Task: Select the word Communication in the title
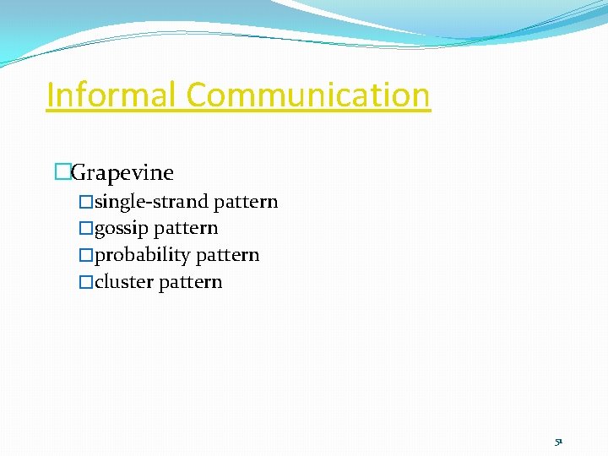[308, 95]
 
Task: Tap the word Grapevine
[122, 173]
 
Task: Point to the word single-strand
[152, 202]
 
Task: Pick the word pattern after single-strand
[246, 202]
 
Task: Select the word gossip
[122, 229]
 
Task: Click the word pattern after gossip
[187, 229]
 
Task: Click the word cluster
[123, 282]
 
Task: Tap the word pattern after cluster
[190, 282]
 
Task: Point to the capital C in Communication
[198, 95]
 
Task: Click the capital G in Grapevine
[79, 173]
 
